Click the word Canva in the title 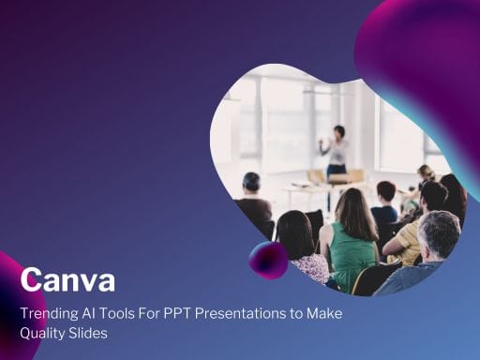tap(67, 279)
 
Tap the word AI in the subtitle tap(97, 312)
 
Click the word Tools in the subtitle tap(128, 312)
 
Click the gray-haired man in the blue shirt tap(430, 258)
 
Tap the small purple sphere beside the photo tap(268, 260)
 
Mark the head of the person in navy tap(385, 192)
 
